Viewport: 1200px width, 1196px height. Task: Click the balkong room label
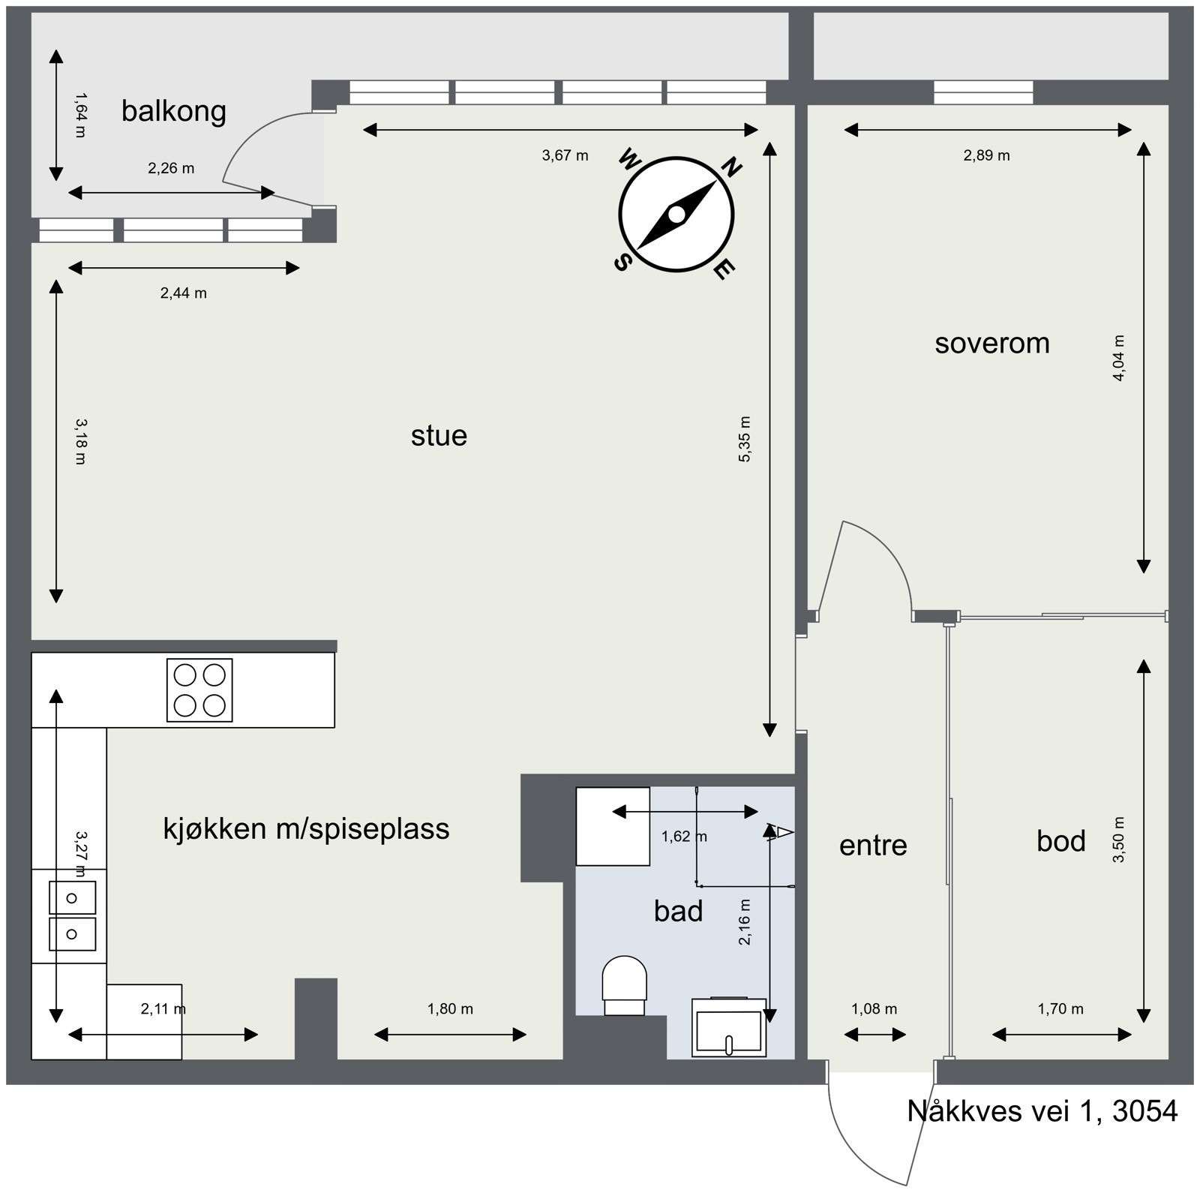173,111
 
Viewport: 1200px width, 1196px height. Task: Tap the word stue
439,435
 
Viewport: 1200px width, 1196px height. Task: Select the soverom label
991,344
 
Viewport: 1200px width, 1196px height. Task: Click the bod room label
1060,841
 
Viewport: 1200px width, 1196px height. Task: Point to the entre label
872,846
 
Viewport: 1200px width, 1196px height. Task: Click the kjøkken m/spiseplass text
306,828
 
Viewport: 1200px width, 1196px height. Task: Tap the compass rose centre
676,215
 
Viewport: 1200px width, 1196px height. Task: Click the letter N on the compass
731,167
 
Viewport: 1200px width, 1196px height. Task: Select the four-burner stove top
199,690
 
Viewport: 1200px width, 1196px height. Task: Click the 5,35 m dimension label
745,439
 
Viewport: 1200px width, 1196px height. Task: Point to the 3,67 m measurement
565,156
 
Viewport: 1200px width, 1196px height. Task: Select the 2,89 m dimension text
986,156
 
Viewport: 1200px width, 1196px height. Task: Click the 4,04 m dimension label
1118,358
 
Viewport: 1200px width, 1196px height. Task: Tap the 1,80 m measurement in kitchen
450,1009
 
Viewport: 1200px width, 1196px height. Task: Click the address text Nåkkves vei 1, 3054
1042,1111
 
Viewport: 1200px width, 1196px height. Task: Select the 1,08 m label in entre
874,1009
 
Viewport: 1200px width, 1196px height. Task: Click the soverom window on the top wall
983,93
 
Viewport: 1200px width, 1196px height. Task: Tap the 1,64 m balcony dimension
80,114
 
